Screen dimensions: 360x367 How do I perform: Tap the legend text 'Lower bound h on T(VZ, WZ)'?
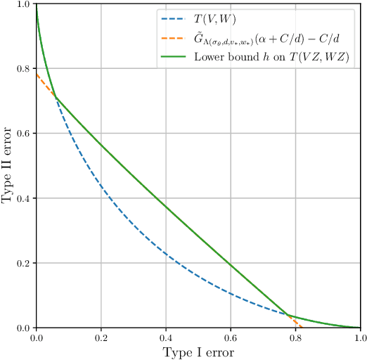coord(271,56)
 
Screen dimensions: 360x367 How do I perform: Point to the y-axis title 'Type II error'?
coord(8,166)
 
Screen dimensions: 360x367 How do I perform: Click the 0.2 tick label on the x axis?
coord(101,337)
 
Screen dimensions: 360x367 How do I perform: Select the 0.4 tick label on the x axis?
coord(166,337)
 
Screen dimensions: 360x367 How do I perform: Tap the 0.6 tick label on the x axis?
coord(231,337)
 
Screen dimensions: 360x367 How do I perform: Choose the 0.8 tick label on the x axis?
coord(295,337)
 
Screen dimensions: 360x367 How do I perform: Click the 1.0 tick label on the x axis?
coord(359,337)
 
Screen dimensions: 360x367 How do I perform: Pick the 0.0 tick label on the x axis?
coord(37,337)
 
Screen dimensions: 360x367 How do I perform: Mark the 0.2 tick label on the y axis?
coord(23,263)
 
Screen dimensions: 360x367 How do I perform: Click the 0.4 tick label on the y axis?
coord(23,198)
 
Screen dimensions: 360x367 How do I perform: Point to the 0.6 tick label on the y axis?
coord(23,134)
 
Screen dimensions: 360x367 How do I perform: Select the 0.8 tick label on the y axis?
coord(23,69)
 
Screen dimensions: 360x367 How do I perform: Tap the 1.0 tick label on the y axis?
coord(23,5)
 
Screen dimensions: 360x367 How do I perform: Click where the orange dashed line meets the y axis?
coord(37,74)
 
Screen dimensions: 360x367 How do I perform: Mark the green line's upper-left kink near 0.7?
coord(56,98)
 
